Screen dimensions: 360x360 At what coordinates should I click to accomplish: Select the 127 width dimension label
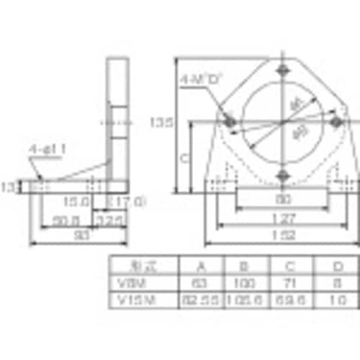pos(281,217)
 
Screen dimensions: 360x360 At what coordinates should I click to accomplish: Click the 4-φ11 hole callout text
pos(48,149)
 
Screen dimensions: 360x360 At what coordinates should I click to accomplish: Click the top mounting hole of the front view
pos(282,71)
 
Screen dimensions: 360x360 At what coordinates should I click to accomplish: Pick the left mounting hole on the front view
pos(230,122)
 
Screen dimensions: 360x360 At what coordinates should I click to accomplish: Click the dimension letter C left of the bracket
pos(184,156)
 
